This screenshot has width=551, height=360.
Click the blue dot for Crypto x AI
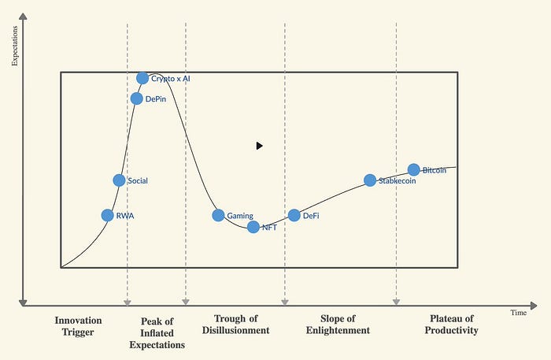(x=142, y=78)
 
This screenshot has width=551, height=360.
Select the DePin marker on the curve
(x=137, y=98)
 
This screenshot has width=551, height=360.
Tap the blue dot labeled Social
(x=119, y=180)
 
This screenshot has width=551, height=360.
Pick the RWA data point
(x=108, y=215)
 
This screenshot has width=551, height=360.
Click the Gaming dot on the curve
(x=218, y=215)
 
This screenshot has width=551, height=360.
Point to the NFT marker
(x=253, y=227)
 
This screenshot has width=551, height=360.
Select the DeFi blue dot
(x=294, y=215)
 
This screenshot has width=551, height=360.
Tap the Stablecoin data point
(x=370, y=180)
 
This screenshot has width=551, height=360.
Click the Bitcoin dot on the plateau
(x=414, y=169)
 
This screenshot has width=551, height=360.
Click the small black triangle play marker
(x=259, y=145)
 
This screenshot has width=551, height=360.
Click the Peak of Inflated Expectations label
(x=157, y=332)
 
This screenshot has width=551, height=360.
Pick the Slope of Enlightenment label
(x=338, y=325)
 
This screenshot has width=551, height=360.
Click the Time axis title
(x=518, y=313)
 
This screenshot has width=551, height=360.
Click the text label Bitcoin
(x=435, y=170)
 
